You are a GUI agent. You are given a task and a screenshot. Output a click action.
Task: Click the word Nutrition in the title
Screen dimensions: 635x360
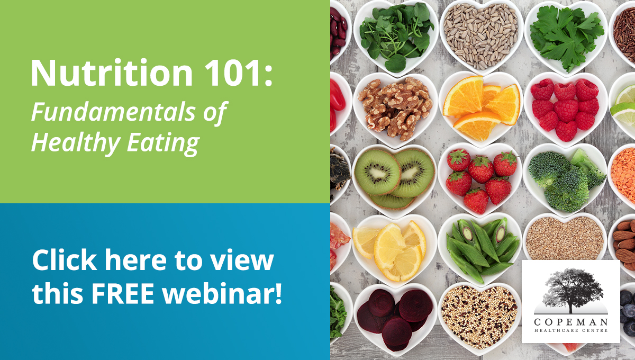tap(112, 73)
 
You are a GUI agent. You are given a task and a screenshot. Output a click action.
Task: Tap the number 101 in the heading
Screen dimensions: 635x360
tap(232, 73)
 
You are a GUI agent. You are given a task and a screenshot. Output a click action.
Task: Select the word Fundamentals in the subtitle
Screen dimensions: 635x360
tap(113, 112)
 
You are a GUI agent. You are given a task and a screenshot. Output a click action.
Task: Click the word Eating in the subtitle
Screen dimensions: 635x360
tap(164, 143)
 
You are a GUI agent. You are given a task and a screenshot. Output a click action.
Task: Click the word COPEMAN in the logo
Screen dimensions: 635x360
tap(570, 322)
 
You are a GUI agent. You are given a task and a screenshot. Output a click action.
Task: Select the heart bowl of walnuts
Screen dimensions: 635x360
tap(395, 110)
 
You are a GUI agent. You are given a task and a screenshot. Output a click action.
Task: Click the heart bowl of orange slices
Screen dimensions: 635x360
tap(482, 109)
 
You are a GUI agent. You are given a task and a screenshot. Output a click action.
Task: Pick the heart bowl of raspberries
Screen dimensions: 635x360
tap(566, 110)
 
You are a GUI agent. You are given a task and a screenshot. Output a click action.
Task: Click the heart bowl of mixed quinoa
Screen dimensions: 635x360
tap(479, 318)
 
